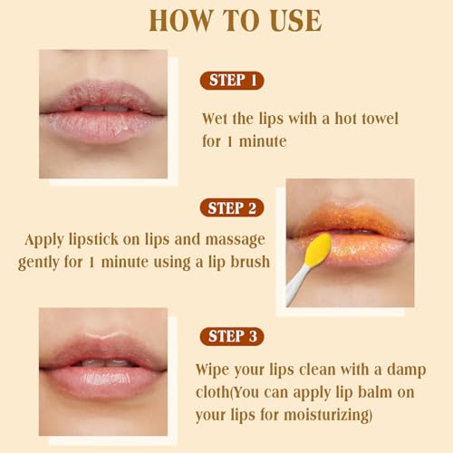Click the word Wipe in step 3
coord(214,371)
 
